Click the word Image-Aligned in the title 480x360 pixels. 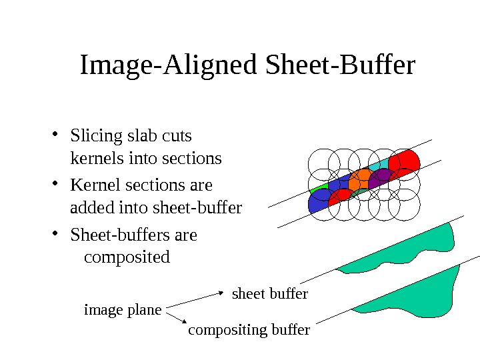pos(169,67)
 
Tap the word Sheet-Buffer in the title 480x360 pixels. pos(340,67)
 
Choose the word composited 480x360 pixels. pos(127,257)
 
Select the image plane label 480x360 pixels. pos(123,310)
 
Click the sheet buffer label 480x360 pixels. pos(269,293)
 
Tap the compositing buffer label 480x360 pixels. pos(249,330)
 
